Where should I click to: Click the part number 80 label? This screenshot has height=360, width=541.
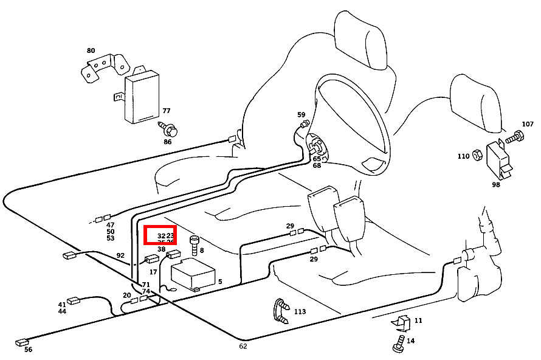[91, 50]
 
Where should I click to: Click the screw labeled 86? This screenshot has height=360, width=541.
[170, 130]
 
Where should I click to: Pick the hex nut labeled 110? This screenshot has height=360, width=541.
[477, 156]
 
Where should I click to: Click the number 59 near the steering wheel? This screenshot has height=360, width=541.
[301, 114]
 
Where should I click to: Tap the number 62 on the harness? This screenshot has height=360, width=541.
[243, 346]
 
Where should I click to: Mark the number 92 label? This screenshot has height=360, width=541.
[120, 255]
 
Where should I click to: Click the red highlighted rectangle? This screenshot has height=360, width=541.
[160, 235]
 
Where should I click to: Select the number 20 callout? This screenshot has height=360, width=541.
[126, 296]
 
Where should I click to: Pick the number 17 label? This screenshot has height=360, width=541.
[153, 272]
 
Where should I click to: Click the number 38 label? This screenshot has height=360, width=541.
[161, 249]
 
